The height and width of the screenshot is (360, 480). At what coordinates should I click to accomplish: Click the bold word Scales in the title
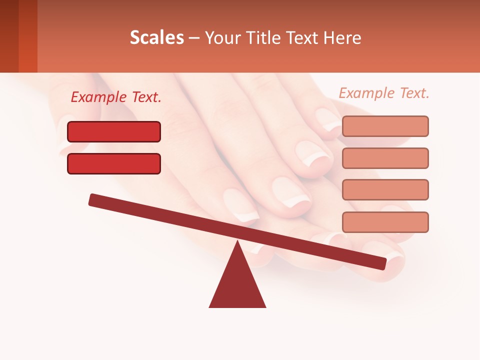[x=156, y=38]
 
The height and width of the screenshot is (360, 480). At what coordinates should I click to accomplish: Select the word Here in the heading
[x=342, y=38]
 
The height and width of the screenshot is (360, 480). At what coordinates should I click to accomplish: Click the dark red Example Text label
[x=116, y=97]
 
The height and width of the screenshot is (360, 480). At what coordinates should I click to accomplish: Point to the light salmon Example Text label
[x=384, y=93]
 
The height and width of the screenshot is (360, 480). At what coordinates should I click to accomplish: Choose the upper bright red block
[x=114, y=131]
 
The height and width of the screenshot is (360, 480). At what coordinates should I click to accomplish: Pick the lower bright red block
[x=114, y=163]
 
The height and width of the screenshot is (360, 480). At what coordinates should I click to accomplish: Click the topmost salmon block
[x=385, y=126]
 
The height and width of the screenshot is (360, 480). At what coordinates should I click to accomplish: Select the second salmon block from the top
[x=385, y=158]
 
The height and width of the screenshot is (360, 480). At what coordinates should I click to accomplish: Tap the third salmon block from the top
[x=385, y=190]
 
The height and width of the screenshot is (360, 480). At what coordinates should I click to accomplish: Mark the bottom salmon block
[x=385, y=222]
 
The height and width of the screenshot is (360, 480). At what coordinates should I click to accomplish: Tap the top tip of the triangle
[x=237, y=243]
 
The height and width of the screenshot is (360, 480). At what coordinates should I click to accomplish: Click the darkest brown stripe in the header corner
[x=9, y=36]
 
